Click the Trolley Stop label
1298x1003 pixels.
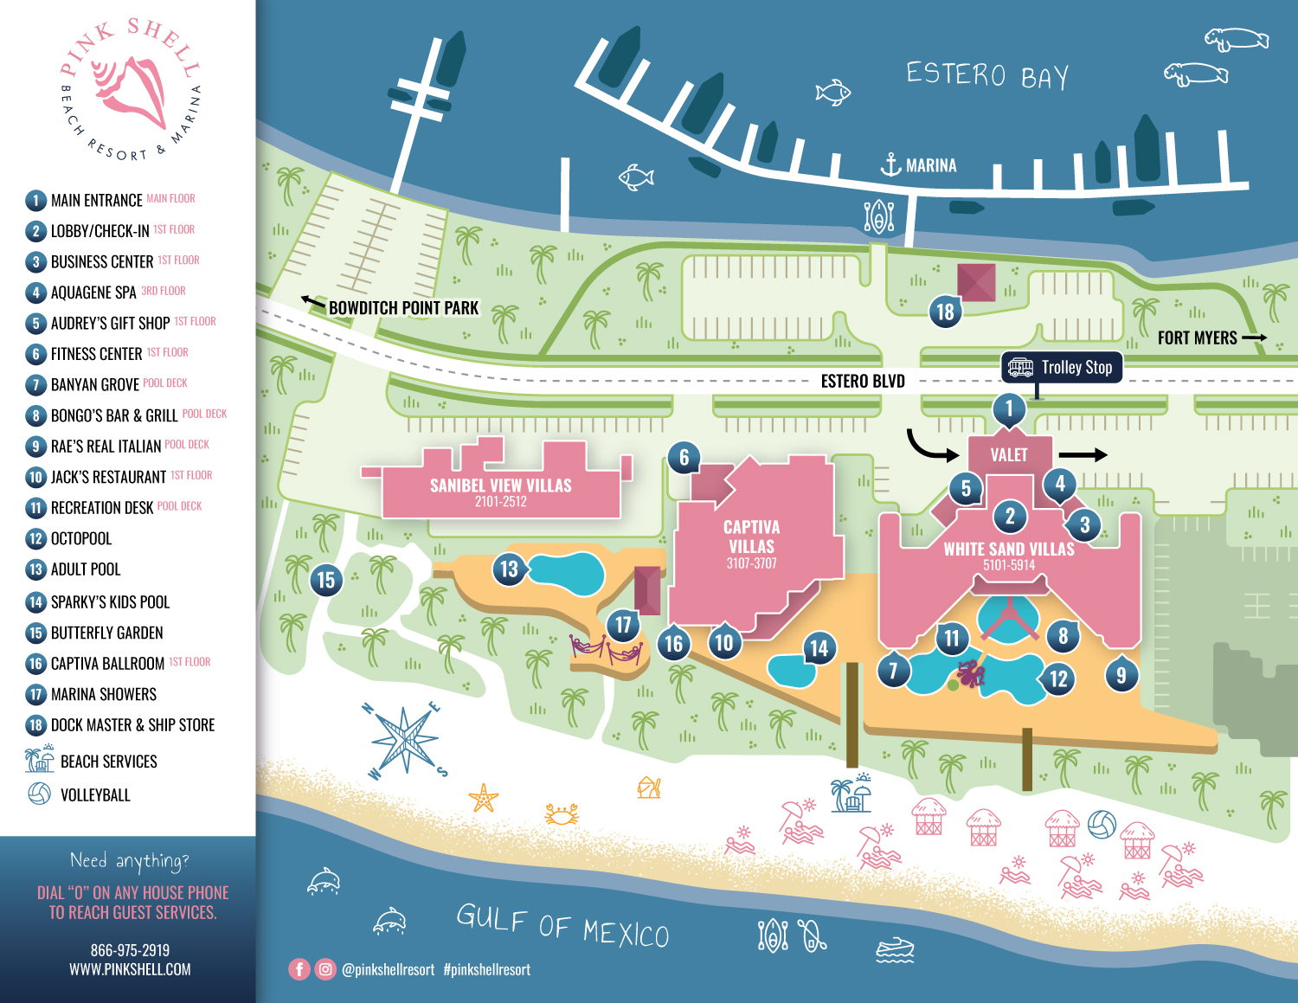pyautogui.click(x=1062, y=367)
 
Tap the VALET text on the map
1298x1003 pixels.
pyautogui.click(x=1009, y=454)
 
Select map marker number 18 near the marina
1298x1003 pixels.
pyautogui.click(x=945, y=312)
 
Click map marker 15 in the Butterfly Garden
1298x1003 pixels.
pyautogui.click(x=325, y=580)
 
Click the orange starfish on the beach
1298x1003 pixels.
pyautogui.click(x=483, y=797)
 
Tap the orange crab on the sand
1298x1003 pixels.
pyautogui.click(x=561, y=813)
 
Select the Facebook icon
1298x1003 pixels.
pyautogui.click(x=299, y=969)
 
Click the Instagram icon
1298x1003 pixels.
pyautogui.click(x=325, y=969)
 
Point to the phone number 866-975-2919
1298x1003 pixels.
pyautogui.click(x=130, y=950)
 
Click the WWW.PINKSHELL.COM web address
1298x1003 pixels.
pyautogui.click(x=130, y=969)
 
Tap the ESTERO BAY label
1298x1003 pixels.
pyautogui.click(x=987, y=75)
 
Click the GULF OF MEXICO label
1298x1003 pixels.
pyautogui.click(x=562, y=924)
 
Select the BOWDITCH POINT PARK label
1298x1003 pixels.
pyautogui.click(x=403, y=308)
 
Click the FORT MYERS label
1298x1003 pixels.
pyautogui.click(x=1197, y=338)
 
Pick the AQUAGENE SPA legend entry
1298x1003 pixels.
pyautogui.click(x=93, y=293)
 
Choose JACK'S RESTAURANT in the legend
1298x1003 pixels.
pyautogui.click(x=108, y=477)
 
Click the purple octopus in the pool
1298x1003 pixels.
pyautogui.click(x=971, y=673)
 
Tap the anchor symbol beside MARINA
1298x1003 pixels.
pyautogui.click(x=890, y=164)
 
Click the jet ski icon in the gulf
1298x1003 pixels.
pyautogui.click(x=895, y=950)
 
